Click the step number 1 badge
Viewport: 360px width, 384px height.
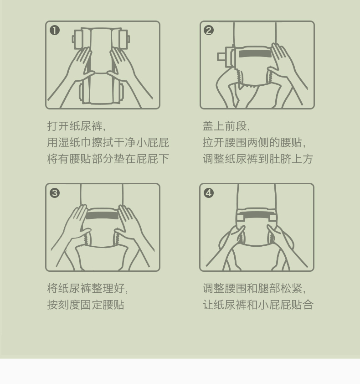(x=55, y=31)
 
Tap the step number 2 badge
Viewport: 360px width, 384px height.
(x=209, y=31)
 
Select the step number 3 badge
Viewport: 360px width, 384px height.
(x=55, y=193)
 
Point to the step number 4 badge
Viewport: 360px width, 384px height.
(x=209, y=193)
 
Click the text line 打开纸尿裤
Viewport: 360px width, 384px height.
(x=77, y=126)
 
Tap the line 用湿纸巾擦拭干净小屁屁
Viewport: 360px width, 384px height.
(x=108, y=142)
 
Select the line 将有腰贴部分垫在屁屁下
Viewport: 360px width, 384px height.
(x=108, y=159)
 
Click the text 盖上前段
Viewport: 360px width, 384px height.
(x=226, y=126)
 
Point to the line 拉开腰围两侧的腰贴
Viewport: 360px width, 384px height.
(x=254, y=142)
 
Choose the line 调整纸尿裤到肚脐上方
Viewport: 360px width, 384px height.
(x=258, y=159)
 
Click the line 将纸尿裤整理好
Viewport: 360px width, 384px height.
(x=87, y=288)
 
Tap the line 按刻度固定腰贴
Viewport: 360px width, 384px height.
(x=86, y=305)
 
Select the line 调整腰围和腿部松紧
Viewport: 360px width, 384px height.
(x=254, y=288)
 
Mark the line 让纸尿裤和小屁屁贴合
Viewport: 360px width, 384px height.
(x=258, y=305)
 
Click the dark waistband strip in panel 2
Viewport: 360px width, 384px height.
(x=255, y=54)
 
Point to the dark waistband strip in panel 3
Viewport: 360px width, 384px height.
(x=102, y=216)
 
